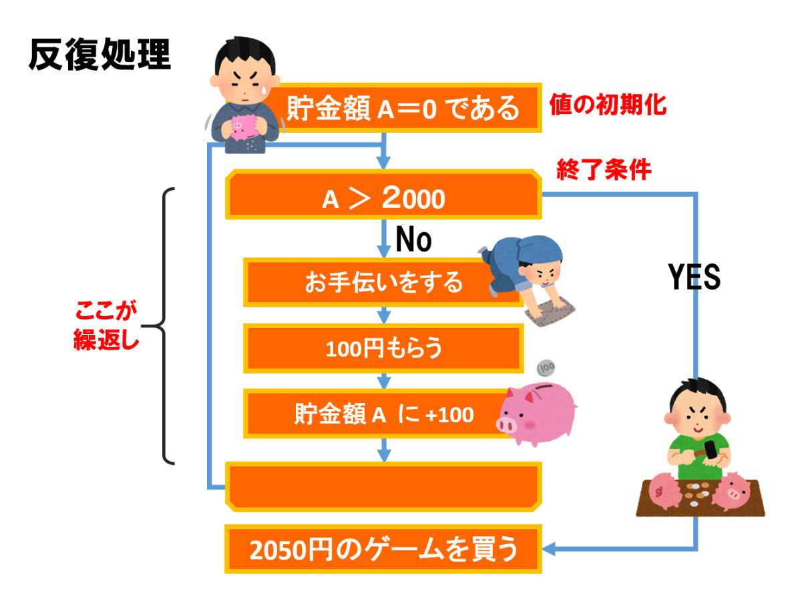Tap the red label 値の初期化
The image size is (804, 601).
pos(608,105)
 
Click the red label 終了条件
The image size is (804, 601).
pos(604,171)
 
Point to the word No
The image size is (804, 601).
pos(414,239)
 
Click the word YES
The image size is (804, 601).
pos(694,276)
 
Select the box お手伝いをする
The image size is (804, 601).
pos(383,282)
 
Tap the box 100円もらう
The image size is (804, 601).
pos(383,348)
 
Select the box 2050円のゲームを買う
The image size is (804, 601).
pos(383,551)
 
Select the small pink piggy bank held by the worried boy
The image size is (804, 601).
pos(243,126)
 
